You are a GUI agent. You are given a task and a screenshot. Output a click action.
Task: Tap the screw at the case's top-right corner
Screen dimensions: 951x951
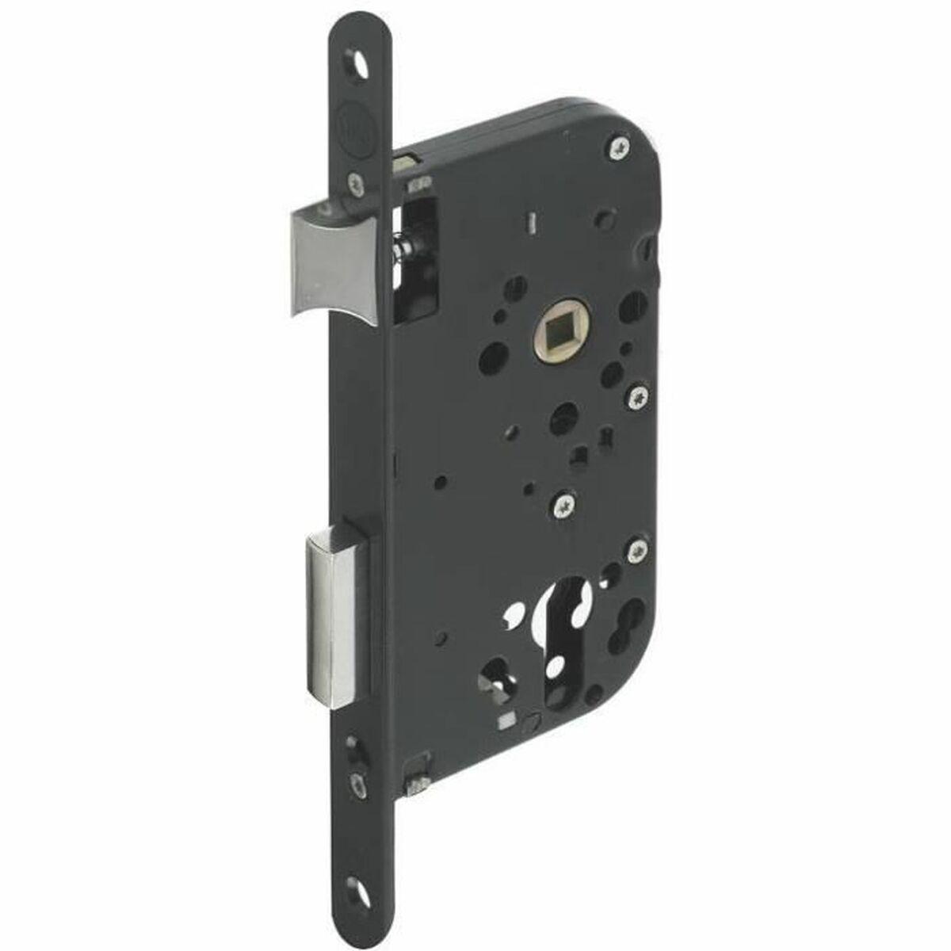[x=620, y=147]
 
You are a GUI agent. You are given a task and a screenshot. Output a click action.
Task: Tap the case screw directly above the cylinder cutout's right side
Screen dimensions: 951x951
[x=636, y=549]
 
